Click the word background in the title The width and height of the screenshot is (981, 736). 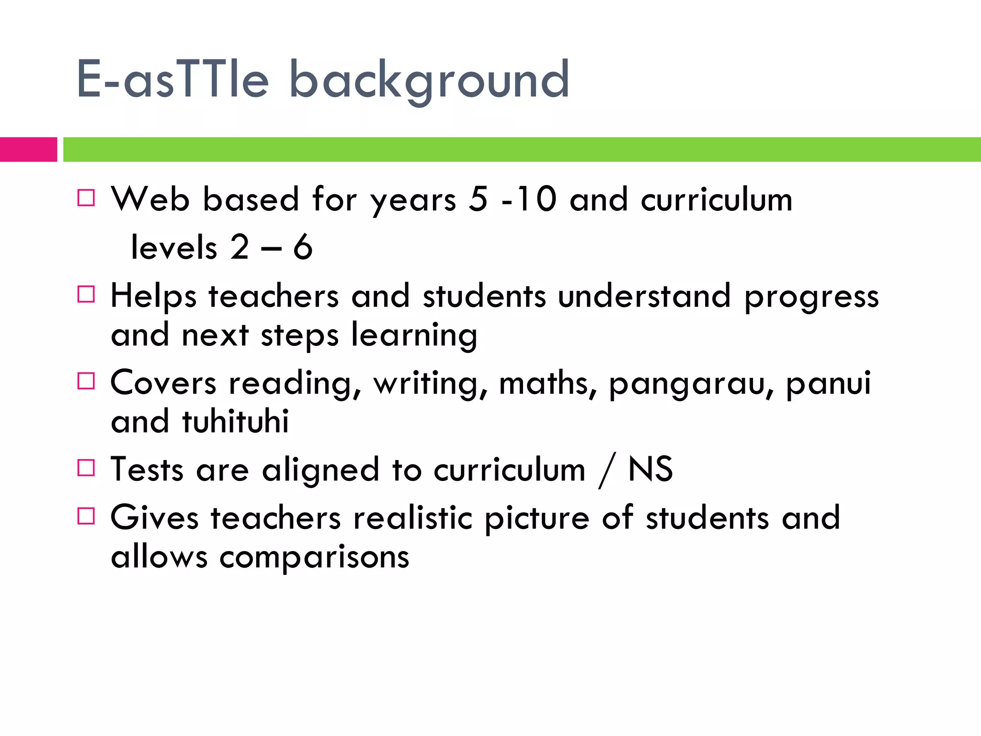429,81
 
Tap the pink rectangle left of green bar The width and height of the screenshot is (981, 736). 28,149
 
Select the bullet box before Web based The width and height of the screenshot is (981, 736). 86,197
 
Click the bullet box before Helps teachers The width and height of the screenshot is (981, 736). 86,294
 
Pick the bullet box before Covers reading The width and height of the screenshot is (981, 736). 86,381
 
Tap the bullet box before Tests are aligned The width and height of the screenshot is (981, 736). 86,468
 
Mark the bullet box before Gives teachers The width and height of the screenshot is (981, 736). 86,516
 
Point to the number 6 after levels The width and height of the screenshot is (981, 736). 303,248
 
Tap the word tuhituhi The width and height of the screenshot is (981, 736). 235,421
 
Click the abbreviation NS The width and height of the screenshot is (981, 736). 650,469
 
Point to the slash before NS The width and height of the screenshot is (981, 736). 606,471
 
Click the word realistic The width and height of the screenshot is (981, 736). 413,518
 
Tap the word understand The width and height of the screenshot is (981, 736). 644,296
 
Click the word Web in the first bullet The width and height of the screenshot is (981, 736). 150,199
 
